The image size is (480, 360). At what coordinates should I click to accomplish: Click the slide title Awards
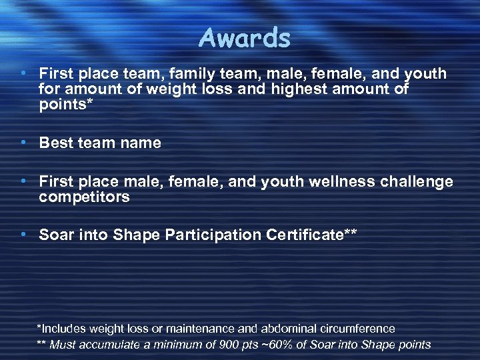[x=244, y=39]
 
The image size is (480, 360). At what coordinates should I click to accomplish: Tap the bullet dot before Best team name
[x=23, y=143]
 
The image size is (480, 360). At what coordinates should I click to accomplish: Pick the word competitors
[x=84, y=197]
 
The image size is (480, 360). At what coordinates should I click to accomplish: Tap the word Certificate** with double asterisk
[x=311, y=235]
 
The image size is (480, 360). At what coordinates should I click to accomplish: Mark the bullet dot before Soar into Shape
[x=23, y=235]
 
